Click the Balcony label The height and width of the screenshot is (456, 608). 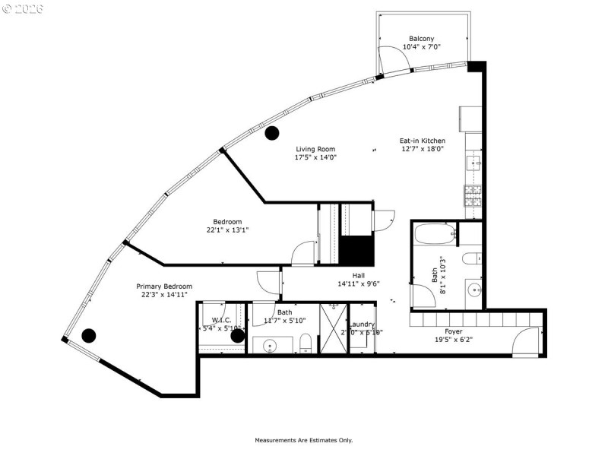pos(422,39)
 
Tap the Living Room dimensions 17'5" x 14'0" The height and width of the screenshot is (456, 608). pos(315,157)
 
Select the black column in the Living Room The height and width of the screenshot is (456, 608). pos(271,135)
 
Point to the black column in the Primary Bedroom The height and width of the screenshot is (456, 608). pos(89,334)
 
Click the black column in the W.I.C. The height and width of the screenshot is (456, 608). pos(237,334)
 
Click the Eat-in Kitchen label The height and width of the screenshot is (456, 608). pos(423,141)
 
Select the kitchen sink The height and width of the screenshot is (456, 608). pos(473,161)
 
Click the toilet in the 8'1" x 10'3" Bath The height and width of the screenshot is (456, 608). pos(470,257)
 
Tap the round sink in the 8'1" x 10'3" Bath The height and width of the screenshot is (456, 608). pos(473,289)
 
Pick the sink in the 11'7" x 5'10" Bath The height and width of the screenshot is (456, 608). pos(270,347)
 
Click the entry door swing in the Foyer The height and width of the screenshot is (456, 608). pos(526,341)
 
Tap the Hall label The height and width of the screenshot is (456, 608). pos(359,275)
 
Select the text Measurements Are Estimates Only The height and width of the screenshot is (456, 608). pos(303,440)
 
